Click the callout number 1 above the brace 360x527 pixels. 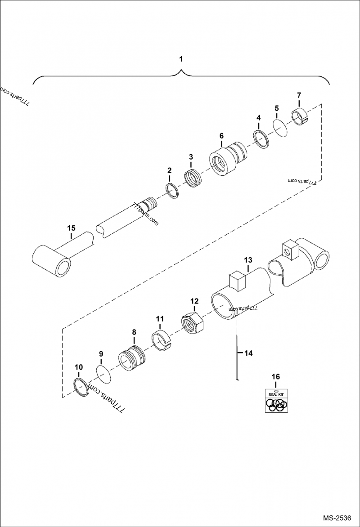[x=181, y=59]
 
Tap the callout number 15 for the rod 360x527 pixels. [x=71, y=228]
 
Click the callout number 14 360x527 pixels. [x=249, y=353]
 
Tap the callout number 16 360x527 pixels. [x=275, y=376]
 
